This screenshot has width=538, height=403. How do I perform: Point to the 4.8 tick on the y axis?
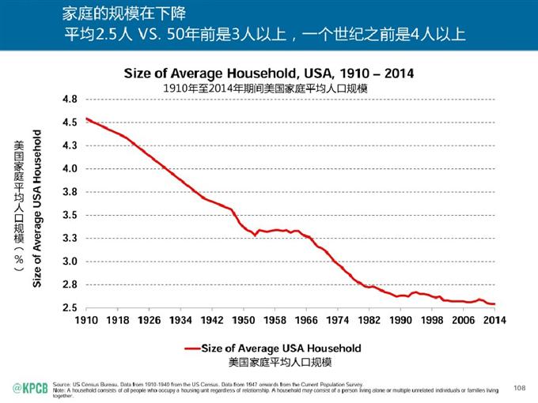pos(69,100)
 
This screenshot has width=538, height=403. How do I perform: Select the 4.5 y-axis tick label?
pos(69,122)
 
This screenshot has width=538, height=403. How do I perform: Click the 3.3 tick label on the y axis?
pos(69,238)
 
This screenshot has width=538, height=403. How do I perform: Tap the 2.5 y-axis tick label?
pos(69,307)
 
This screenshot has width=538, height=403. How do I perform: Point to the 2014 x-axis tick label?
pos(495,320)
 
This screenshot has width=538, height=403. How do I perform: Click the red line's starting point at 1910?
pos(86,119)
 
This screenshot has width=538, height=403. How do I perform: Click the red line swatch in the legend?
pos(191,348)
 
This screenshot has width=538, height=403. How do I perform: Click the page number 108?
pos(520,387)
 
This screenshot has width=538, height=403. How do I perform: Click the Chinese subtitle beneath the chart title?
pos(267,88)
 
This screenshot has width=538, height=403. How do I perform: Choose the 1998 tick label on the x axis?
pos(432,320)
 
